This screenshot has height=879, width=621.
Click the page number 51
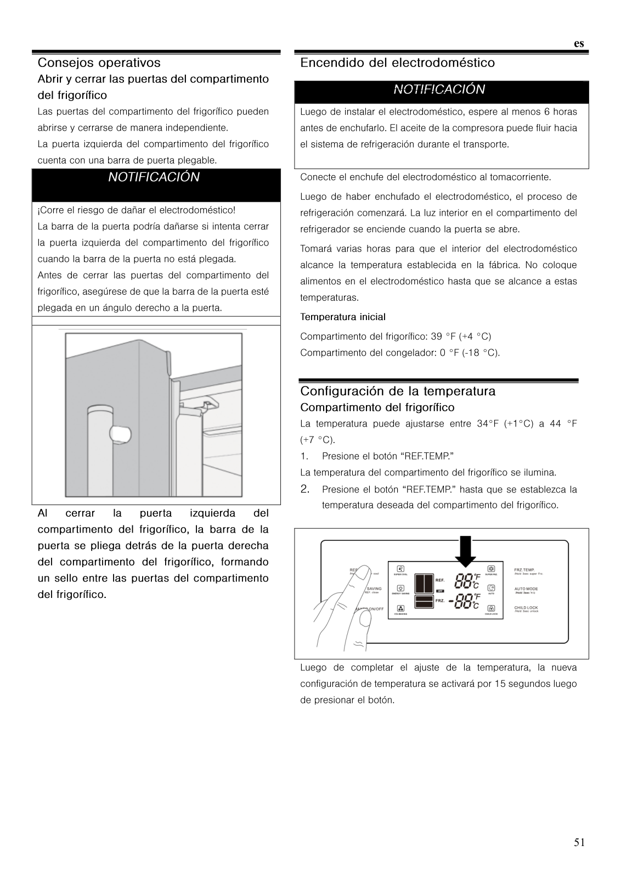579,842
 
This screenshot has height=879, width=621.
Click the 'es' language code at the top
579,44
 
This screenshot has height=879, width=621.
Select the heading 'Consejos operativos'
99,63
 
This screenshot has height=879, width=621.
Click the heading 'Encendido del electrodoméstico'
397,63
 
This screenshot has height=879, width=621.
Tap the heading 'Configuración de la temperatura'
398,391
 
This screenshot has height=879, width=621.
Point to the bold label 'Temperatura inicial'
343,317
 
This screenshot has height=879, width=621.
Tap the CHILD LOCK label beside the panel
526,608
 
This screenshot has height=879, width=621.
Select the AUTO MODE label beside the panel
526,589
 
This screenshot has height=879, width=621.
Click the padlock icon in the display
491,608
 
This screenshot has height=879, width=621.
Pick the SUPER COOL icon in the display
400,569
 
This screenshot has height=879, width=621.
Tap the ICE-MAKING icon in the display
400,608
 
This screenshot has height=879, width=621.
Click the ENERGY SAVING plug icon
400,589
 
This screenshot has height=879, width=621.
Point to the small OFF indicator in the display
439,591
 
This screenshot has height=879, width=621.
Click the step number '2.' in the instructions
306,489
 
